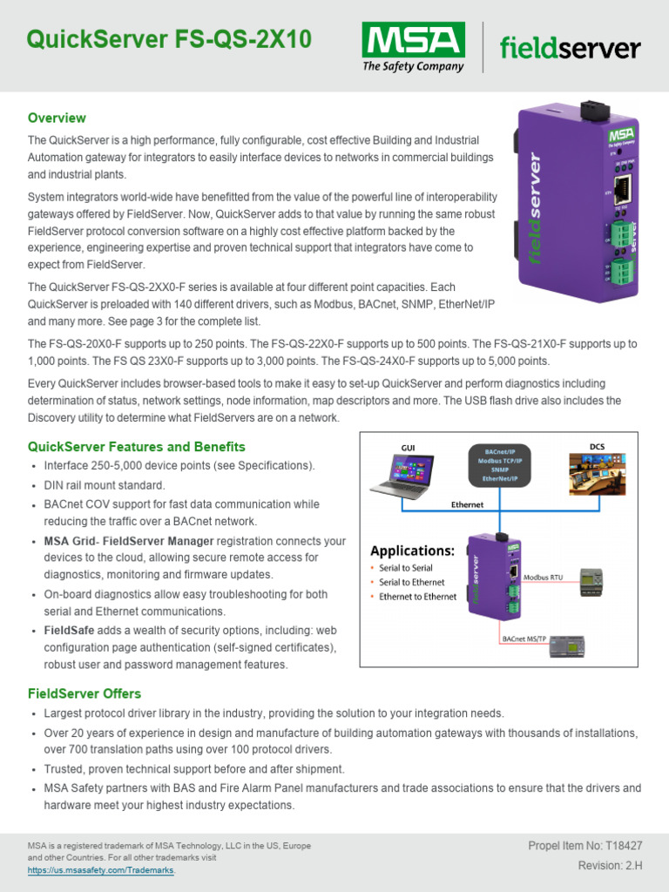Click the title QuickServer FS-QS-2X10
168,39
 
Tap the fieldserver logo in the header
570,49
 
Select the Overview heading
57,118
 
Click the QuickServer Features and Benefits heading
137,447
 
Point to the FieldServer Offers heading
84,693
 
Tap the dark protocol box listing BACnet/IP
495,464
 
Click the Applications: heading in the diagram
413,551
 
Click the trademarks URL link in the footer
101,870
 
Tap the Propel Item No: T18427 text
585,846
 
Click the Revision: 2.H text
611,865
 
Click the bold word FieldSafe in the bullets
69,630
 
